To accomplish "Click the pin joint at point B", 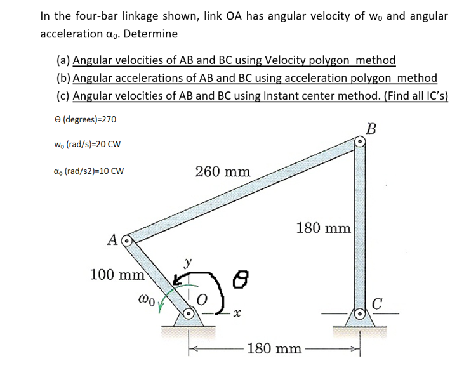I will (359, 143).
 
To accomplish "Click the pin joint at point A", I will (126, 241).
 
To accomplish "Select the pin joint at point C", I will (359, 313).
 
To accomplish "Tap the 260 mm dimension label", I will (223, 171).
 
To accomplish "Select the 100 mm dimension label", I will (118, 275).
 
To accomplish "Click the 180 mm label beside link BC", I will (324, 228).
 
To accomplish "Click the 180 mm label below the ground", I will (274, 348).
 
